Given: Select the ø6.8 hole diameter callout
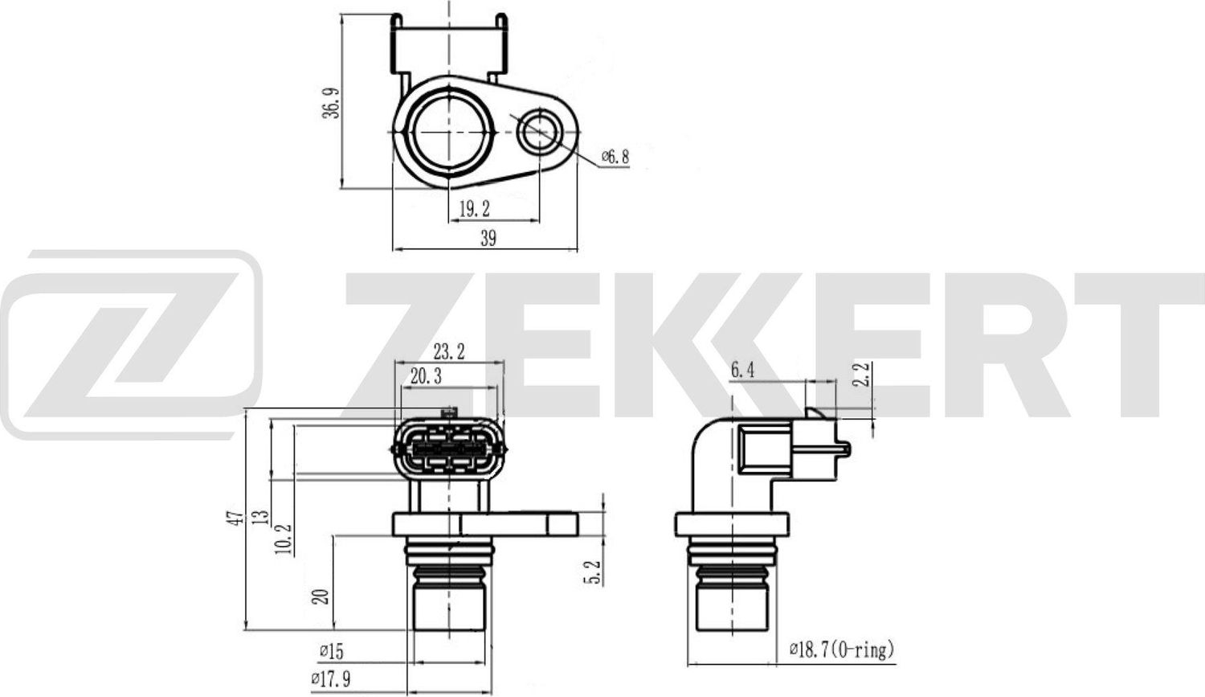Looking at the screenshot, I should coord(615,158).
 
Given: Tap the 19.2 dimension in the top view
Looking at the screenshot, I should coord(474,210).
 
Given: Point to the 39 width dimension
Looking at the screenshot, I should coord(488,238).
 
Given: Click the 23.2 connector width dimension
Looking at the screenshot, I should coord(448,352).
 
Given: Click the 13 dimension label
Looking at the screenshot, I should coord(259,516).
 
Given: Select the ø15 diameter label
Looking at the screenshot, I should coord(333,650).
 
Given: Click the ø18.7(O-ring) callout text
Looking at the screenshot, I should coord(842,650).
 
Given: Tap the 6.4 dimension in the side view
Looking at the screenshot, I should coord(742,371).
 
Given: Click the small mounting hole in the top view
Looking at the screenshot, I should coord(538,131).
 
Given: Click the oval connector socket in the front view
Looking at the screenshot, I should coord(449,449).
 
